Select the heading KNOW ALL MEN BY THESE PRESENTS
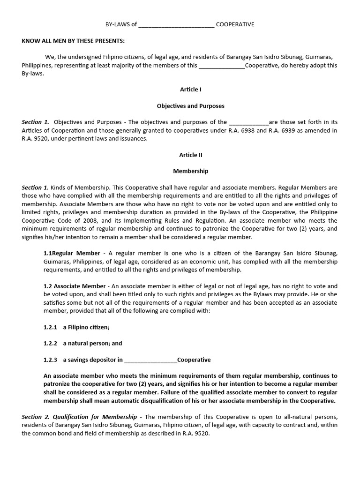[73, 41]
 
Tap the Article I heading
[191, 89]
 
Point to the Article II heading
[191, 155]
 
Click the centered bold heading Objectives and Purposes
[191, 106]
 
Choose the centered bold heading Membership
[191, 171]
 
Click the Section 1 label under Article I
[35, 122]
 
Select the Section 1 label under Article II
[35, 187]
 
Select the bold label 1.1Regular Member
[72, 253]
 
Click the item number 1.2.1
[50, 327]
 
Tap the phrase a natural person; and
[92, 343]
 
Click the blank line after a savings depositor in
[151, 360]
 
